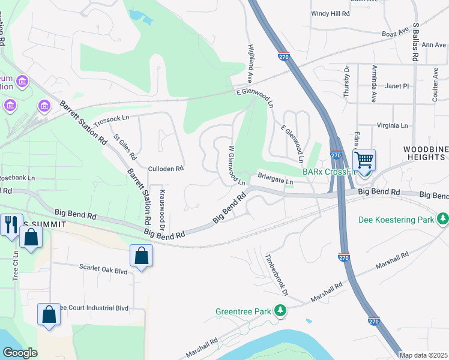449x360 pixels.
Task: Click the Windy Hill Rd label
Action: coord(330,13)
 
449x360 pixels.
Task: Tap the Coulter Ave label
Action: coord(436,83)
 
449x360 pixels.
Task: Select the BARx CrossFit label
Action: coord(329,172)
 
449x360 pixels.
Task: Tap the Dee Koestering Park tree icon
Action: coord(443,220)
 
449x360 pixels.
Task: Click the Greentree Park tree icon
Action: coord(280,311)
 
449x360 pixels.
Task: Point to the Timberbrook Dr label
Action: coord(277,274)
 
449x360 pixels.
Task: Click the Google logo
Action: coord(20,353)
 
